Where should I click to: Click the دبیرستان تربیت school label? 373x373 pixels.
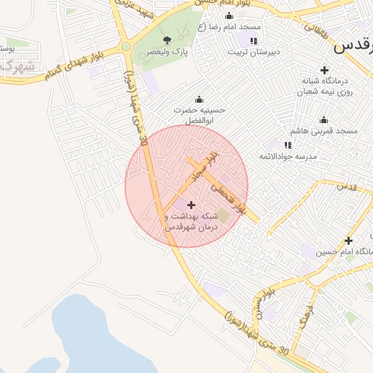pos(253,52)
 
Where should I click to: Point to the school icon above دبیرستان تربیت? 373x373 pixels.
pos(253,40)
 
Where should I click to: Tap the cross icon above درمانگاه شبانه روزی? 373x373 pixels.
pos(325,70)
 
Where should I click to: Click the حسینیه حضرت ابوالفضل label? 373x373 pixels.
pos(200,115)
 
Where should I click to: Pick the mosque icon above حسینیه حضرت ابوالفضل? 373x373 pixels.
pos(199,100)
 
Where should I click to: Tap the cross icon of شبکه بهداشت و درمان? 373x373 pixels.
pos(192,205)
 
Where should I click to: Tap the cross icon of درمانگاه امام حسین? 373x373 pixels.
pos(349,240)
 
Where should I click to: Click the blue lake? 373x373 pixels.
pos(95,335)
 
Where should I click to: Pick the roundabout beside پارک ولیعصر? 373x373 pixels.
pos(126,47)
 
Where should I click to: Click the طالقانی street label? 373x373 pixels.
pos(315,26)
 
